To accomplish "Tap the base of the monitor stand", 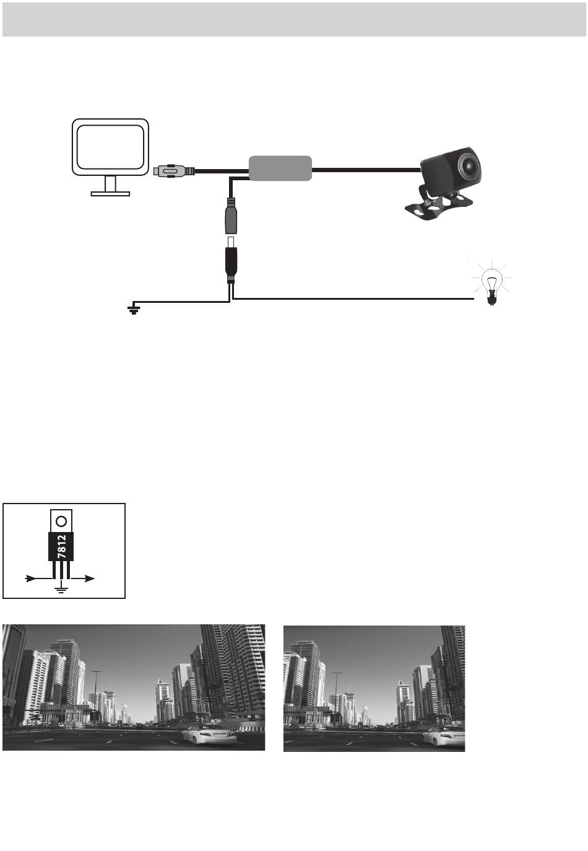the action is pyautogui.click(x=110, y=194).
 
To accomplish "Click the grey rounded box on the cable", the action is pyautogui.click(x=280, y=168).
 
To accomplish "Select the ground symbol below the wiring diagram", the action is pyautogui.click(x=133, y=309).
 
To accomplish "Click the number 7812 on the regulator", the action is pyautogui.click(x=61, y=547).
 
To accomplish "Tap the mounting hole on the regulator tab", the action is pyautogui.click(x=61, y=521).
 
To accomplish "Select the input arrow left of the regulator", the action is pyautogui.click(x=38, y=578).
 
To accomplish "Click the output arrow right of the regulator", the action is pyautogui.click(x=83, y=578).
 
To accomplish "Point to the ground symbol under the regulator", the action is pyautogui.click(x=61, y=590).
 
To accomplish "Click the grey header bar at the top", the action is pyautogui.click(x=294, y=19).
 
